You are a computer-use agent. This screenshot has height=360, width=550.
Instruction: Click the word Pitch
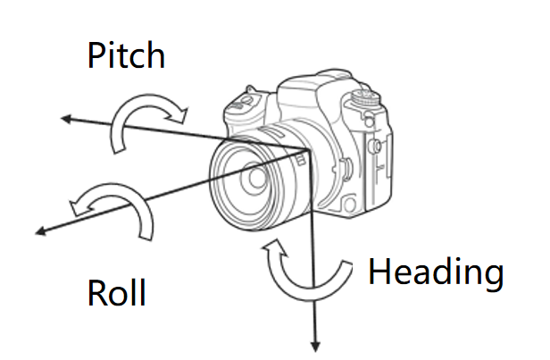pos(126,55)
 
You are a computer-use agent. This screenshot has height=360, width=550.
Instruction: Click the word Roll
pos(116,292)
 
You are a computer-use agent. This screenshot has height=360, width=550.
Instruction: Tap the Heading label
pos(435,272)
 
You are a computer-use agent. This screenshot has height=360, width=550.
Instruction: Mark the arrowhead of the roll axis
pos(39,232)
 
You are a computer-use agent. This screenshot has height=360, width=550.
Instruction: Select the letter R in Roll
pos(96,292)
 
